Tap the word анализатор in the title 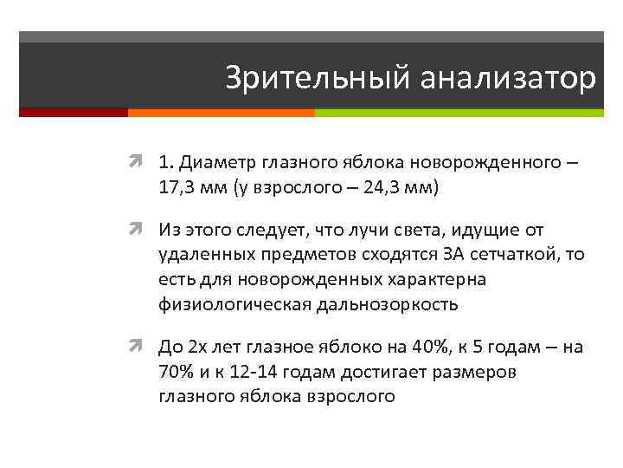click(x=508, y=79)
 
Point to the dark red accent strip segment click(x=74, y=112)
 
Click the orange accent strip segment click(x=221, y=112)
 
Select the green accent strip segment click(x=459, y=112)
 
